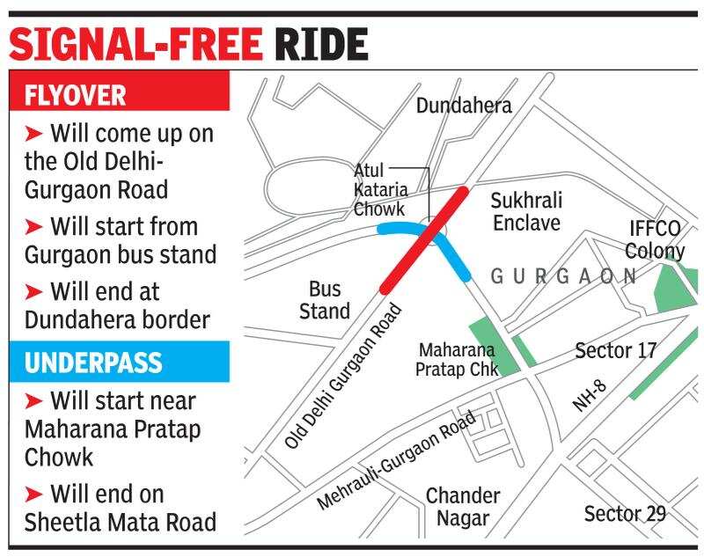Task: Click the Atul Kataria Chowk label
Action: [x=379, y=189]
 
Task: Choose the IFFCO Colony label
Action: [x=656, y=239]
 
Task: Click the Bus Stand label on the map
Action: [x=325, y=299]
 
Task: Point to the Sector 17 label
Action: [x=616, y=350]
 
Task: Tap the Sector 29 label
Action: [x=625, y=514]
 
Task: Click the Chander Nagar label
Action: [x=463, y=507]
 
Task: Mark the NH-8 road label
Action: [x=590, y=396]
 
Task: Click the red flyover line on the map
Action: [x=425, y=238]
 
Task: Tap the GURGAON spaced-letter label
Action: [x=563, y=276]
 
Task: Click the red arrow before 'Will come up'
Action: [x=33, y=134]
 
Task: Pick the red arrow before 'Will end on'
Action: [x=33, y=494]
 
